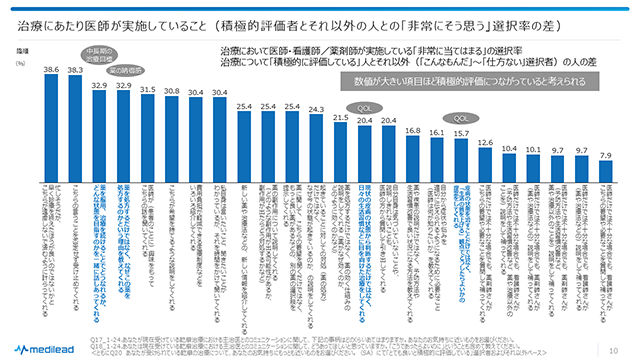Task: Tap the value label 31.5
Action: [x=147, y=90]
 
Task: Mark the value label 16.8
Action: [x=412, y=131]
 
